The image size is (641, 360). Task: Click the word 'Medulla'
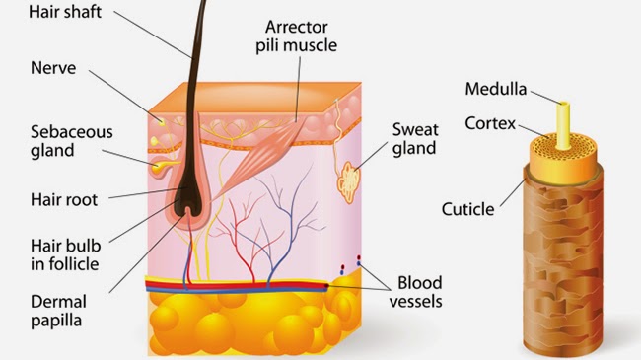coord(497,91)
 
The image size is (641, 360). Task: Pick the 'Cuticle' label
coord(465,210)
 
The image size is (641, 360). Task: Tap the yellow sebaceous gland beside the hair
coord(160,169)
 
